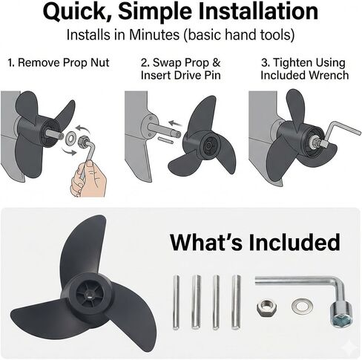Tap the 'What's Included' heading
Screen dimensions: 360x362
254,242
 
